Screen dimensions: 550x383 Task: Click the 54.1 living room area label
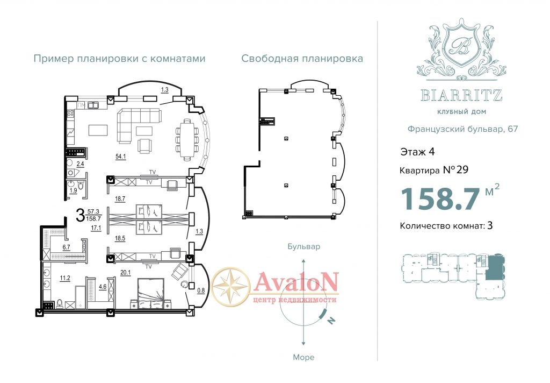tap(121, 157)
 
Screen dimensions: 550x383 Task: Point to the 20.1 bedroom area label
tap(125, 272)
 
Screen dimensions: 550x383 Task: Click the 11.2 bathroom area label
tap(65, 278)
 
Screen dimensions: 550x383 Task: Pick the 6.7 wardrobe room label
tap(66, 247)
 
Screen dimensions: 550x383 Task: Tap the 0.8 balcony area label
tap(201, 290)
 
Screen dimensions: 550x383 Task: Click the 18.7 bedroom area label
tap(120, 199)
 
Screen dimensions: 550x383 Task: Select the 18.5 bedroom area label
tap(120, 238)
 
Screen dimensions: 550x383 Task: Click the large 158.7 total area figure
tap(440, 198)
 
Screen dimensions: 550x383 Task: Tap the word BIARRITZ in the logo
tap(461, 95)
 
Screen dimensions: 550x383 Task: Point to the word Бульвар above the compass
tap(304, 246)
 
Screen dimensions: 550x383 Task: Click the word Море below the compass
tap(304, 357)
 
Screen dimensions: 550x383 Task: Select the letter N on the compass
tap(331, 320)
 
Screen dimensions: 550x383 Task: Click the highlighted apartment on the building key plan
tap(495, 267)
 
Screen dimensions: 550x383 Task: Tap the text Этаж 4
tap(417, 152)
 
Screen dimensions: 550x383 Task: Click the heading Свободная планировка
tap(302, 58)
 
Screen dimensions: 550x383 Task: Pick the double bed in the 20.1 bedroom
tap(151, 294)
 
